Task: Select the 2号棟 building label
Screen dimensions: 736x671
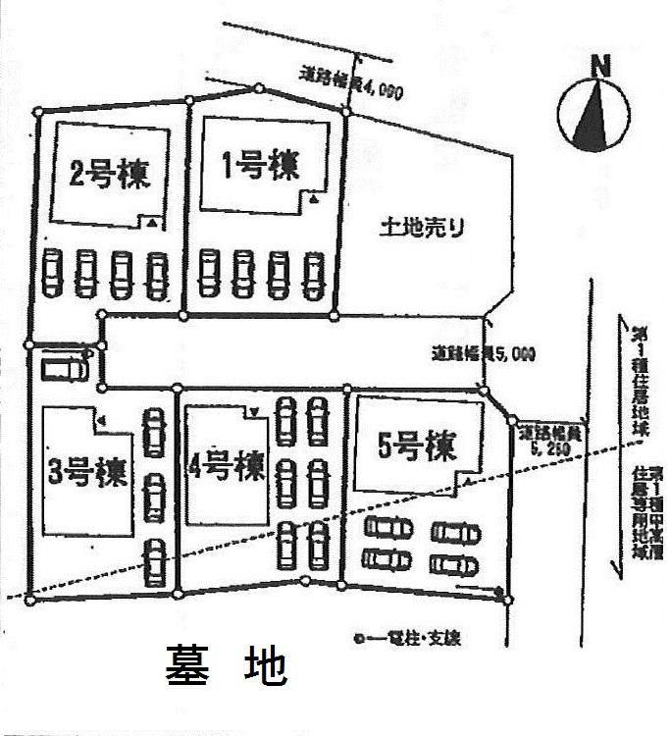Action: [x=109, y=174]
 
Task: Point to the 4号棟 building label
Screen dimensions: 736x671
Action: [x=227, y=464]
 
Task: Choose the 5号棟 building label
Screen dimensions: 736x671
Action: [x=417, y=448]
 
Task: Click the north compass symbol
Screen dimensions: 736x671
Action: [x=594, y=115]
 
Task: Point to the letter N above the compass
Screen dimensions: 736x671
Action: [x=600, y=68]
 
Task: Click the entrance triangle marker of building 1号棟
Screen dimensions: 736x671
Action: [x=312, y=199]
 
